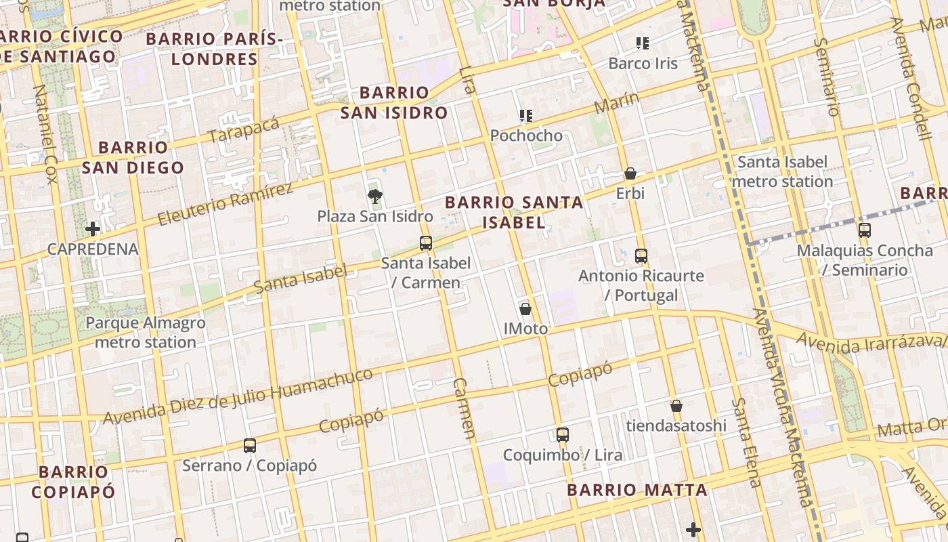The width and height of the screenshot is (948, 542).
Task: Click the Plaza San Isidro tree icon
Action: click(x=374, y=196)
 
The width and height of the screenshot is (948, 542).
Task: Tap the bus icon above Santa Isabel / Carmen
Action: click(x=426, y=243)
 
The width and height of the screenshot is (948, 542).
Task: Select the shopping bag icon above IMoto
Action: click(x=525, y=309)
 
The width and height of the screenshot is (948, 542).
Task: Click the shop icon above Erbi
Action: click(x=630, y=173)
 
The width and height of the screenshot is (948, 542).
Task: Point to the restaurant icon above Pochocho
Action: click(x=526, y=116)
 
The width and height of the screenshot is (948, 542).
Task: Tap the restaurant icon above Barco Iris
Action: click(x=643, y=44)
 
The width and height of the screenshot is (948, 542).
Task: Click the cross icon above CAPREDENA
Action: click(x=93, y=229)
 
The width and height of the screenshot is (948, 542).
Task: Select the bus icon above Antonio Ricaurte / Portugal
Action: click(x=641, y=256)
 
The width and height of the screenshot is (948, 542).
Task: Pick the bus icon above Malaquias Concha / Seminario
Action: click(x=865, y=230)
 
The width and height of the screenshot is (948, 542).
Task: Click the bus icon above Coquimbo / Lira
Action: click(x=563, y=435)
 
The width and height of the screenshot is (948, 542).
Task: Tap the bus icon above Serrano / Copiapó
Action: click(x=250, y=446)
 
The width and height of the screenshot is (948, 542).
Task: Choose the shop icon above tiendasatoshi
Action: click(x=676, y=406)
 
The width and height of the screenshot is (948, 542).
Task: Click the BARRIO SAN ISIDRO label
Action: click(x=394, y=102)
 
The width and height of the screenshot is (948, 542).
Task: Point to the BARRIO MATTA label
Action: click(x=637, y=490)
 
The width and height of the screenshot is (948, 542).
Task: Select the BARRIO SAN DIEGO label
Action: click(x=133, y=157)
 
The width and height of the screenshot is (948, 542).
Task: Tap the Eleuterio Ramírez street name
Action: click(x=225, y=204)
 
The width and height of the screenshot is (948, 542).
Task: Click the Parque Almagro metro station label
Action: click(x=146, y=332)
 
